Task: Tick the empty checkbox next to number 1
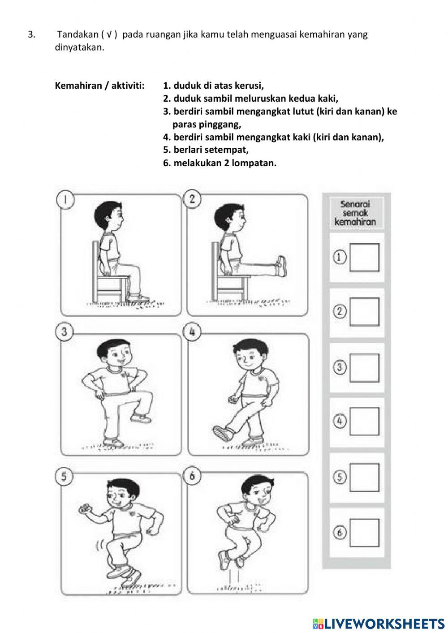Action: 364,258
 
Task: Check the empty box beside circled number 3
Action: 364,368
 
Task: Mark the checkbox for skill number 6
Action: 364,533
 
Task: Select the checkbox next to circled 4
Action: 364,422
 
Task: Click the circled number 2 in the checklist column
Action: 340,311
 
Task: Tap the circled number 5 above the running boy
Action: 64,477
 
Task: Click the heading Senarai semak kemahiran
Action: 355,213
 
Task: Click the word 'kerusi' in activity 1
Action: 249,86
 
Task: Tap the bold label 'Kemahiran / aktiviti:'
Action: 99,86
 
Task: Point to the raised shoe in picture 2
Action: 280,266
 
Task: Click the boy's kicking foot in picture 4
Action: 223,433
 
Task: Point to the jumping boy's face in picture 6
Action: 259,492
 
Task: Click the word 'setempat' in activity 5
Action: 226,150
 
